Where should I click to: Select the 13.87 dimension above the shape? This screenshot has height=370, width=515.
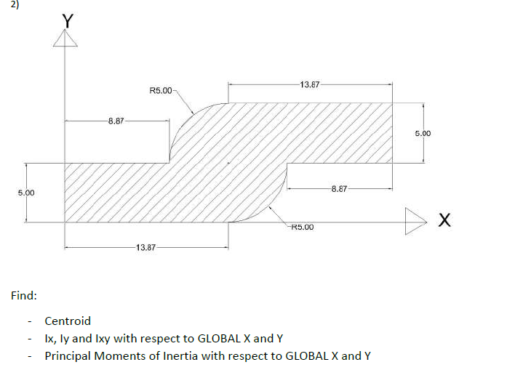pyautogui.click(x=310, y=85)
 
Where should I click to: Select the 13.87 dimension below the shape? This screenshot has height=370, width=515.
pyautogui.click(x=146, y=248)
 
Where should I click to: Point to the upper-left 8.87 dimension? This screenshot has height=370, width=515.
pyautogui.click(x=115, y=121)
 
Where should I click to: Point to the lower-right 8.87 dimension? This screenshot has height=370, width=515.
pyautogui.click(x=339, y=189)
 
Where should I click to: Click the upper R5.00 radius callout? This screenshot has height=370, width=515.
pyautogui.click(x=160, y=91)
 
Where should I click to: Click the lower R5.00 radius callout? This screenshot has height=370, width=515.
pyautogui.click(x=301, y=228)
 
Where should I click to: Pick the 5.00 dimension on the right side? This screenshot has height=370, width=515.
pyautogui.click(x=423, y=134)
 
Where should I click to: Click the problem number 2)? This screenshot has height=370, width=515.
pyautogui.click(x=7, y=4)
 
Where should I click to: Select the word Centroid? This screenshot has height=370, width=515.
pyautogui.click(x=68, y=321)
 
